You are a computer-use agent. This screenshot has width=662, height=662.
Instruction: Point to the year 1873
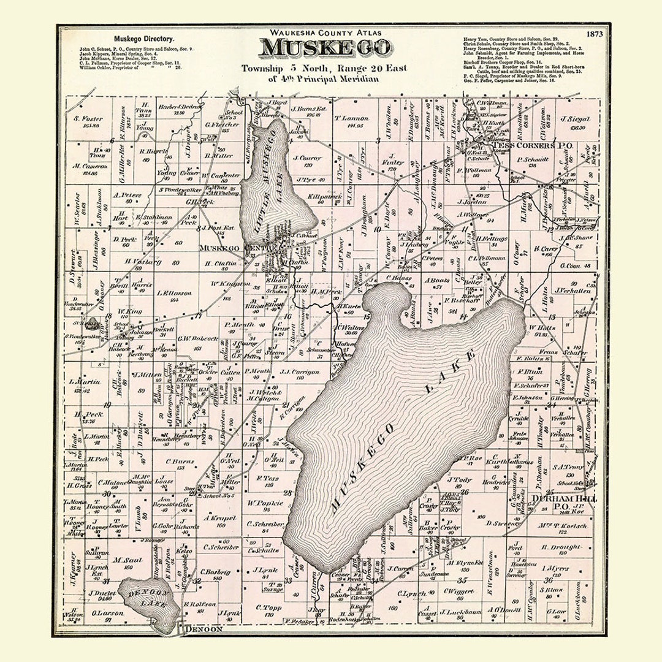[x=594, y=34]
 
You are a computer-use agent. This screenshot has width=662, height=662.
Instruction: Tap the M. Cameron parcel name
[x=85, y=166]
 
